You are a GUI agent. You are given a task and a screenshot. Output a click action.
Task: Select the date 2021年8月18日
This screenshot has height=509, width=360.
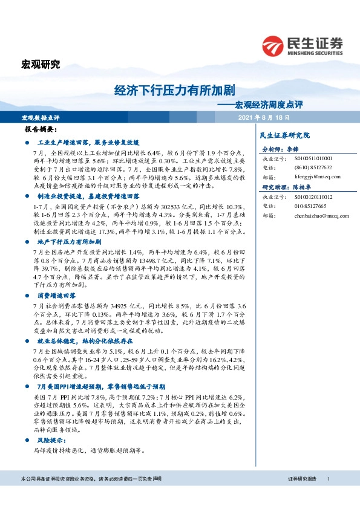264,117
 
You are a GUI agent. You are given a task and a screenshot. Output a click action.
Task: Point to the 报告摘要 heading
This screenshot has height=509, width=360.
41,130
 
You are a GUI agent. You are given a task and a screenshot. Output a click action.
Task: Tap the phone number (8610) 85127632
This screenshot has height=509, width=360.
313,167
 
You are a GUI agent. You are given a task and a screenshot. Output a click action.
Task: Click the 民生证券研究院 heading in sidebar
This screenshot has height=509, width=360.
284,135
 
